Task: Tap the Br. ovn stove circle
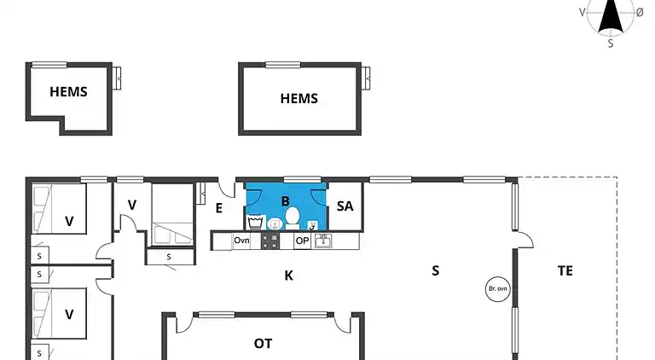[x=498, y=288]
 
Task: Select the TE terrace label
[x=565, y=270]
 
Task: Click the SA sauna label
[x=345, y=206]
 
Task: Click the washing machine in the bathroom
[x=256, y=222]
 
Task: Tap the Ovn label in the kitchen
[x=241, y=240]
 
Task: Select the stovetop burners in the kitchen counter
[x=270, y=241]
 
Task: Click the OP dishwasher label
[x=302, y=241]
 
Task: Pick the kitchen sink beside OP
[x=323, y=241]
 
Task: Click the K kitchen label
[x=288, y=276]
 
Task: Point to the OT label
[x=264, y=343]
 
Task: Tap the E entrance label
[x=219, y=208]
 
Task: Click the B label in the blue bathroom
[x=286, y=201]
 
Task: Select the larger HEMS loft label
[x=299, y=99]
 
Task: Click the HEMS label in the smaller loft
[x=68, y=92]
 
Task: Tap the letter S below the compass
[x=611, y=44]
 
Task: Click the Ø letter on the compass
[x=640, y=13]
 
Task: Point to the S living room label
[x=435, y=270]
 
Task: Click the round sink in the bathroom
[x=275, y=224]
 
